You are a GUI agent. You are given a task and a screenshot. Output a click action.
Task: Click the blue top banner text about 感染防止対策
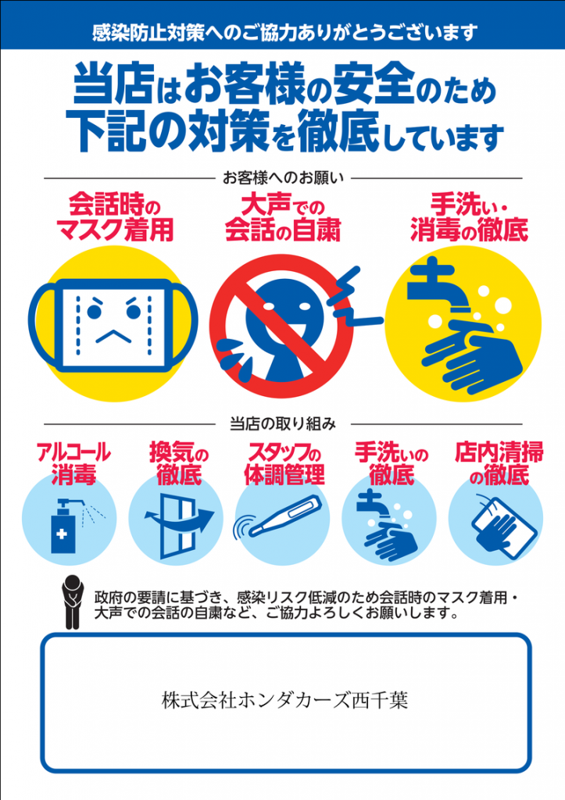pyautogui.click(x=284, y=33)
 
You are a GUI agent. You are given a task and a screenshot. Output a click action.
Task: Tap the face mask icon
pyautogui.click(x=113, y=324)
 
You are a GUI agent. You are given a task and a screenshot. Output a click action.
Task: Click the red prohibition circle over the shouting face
pyautogui.click(x=281, y=327)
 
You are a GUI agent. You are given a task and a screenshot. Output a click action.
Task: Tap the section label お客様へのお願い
pyautogui.click(x=283, y=178)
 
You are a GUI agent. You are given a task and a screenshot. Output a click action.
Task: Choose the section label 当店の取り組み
pyautogui.click(x=283, y=423)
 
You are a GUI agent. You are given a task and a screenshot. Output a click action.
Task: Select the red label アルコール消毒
pyautogui.click(x=73, y=463)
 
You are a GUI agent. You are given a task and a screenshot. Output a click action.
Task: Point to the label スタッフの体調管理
pyautogui.click(x=284, y=463)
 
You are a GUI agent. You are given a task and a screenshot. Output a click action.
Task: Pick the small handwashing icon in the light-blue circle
pyautogui.click(x=387, y=526)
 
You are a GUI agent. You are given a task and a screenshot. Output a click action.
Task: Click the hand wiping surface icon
pyautogui.click(x=502, y=526)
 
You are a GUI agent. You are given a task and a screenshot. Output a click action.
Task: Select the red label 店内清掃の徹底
pyautogui.click(x=499, y=463)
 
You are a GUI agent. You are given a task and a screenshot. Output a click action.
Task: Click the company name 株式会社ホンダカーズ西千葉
pyautogui.click(x=284, y=700)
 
